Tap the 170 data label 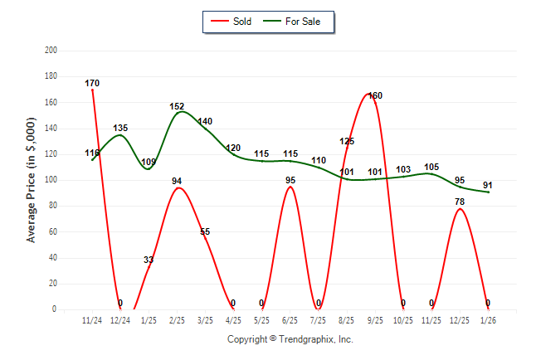(x=92, y=84)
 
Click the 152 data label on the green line (x=177, y=107)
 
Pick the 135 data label (x=120, y=129)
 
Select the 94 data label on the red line (x=177, y=182)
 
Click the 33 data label (x=149, y=260)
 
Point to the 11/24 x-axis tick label (x=92, y=320)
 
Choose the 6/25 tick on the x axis (x=290, y=320)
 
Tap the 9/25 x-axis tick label (x=374, y=320)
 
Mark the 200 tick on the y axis (x=51, y=51)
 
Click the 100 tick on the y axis (x=51, y=180)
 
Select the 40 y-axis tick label (x=52, y=257)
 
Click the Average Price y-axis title (x=32, y=180)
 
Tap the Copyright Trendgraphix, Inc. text (x=290, y=339)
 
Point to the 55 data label (x=205, y=232)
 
